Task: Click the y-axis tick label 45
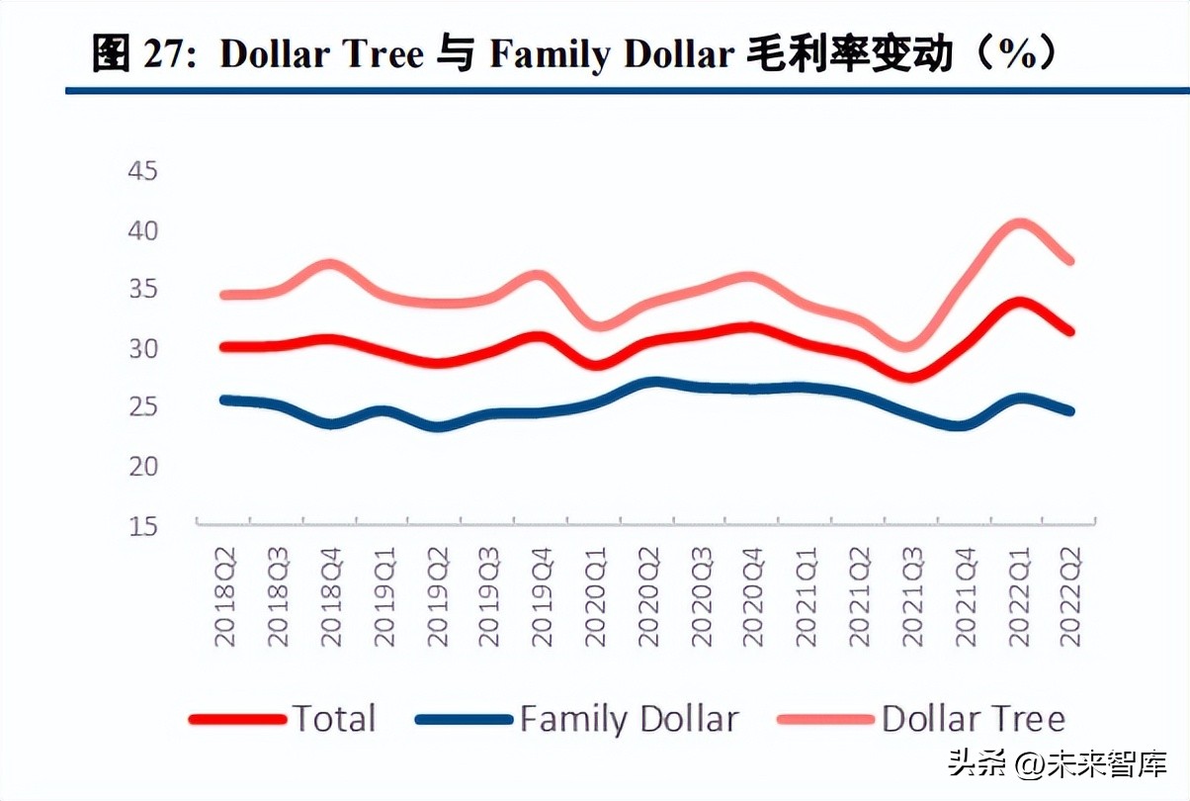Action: coord(143,172)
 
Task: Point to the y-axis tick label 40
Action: coord(143,231)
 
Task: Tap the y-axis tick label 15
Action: coord(143,525)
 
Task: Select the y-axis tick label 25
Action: coord(143,407)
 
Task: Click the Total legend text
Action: coord(334,719)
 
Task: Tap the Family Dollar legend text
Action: coord(630,719)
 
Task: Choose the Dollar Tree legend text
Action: coord(974,719)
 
